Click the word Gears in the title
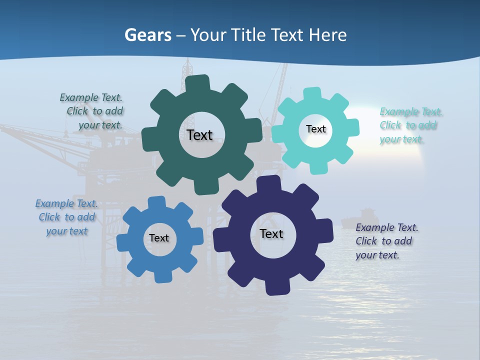tap(147, 35)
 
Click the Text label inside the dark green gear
tap(199, 135)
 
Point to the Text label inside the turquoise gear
tap(315, 129)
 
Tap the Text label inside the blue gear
tap(159, 238)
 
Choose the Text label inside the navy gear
tap(271, 233)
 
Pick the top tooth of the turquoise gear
tap(312, 93)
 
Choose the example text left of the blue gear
tap(66, 217)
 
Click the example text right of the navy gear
tap(386, 241)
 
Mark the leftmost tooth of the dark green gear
tap(148, 139)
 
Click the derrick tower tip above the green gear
tap(187, 62)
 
